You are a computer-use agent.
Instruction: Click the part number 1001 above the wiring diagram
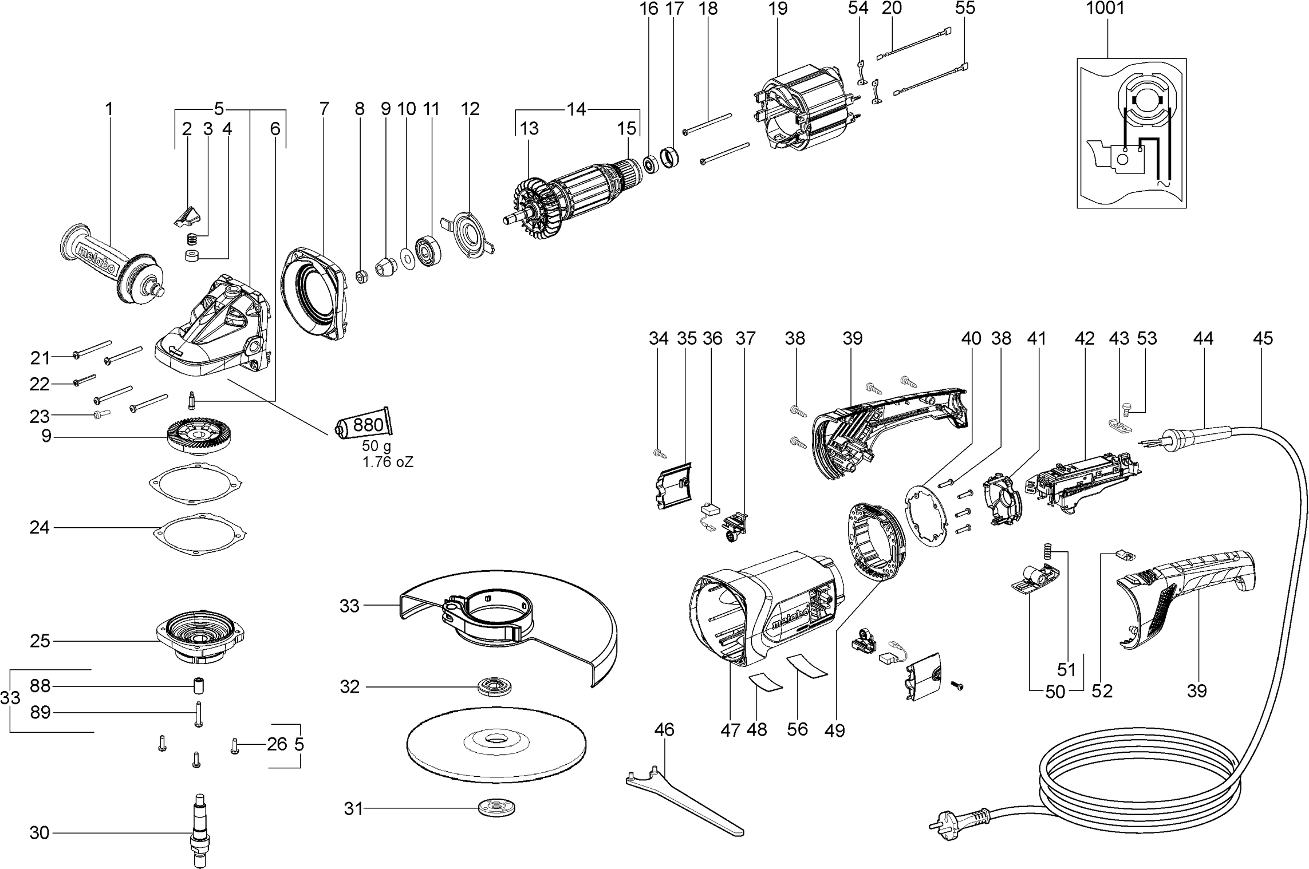1105,9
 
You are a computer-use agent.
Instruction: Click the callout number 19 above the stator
778,9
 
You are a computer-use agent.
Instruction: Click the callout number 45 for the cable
1263,338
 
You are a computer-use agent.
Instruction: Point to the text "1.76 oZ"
388,463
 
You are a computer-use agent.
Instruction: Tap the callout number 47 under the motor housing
730,730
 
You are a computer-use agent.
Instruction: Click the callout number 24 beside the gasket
40,527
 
